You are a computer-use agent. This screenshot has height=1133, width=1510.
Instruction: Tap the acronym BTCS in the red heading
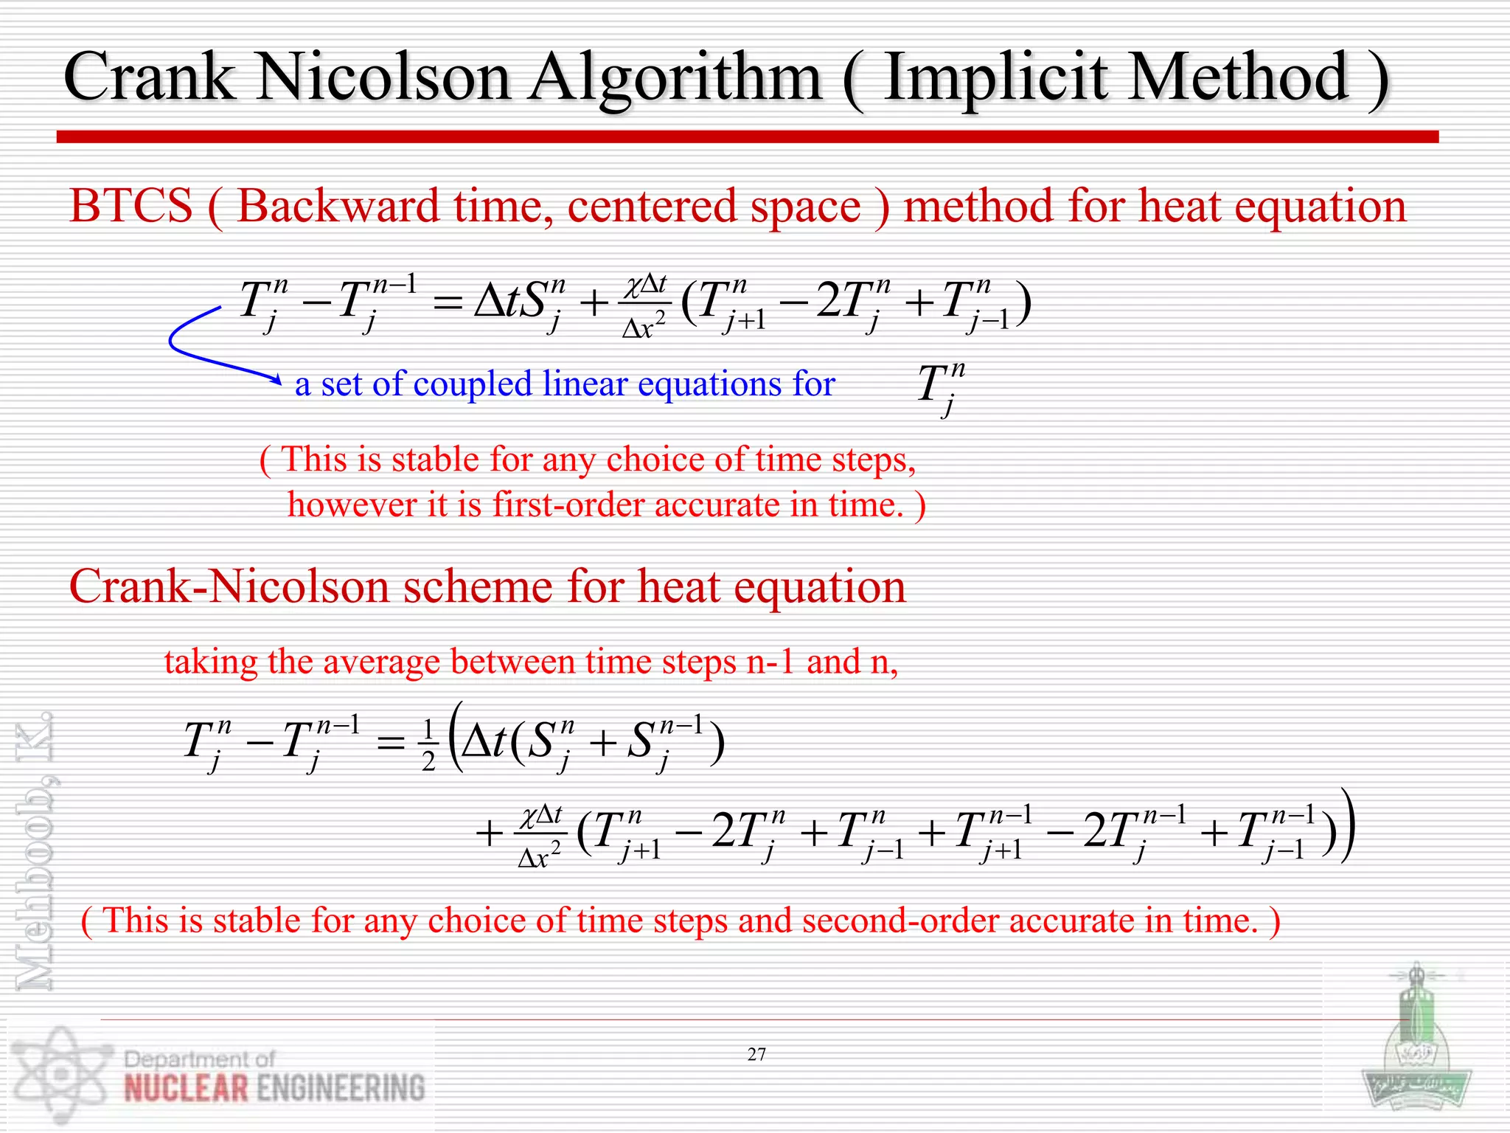pyautogui.click(x=131, y=207)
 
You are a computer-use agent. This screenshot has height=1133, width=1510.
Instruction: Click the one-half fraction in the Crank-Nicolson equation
pyautogui.click(x=428, y=746)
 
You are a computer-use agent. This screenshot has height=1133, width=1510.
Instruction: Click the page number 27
pyautogui.click(x=756, y=1055)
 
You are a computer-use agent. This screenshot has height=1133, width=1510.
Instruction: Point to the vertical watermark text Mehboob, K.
pyautogui.click(x=35, y=848)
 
